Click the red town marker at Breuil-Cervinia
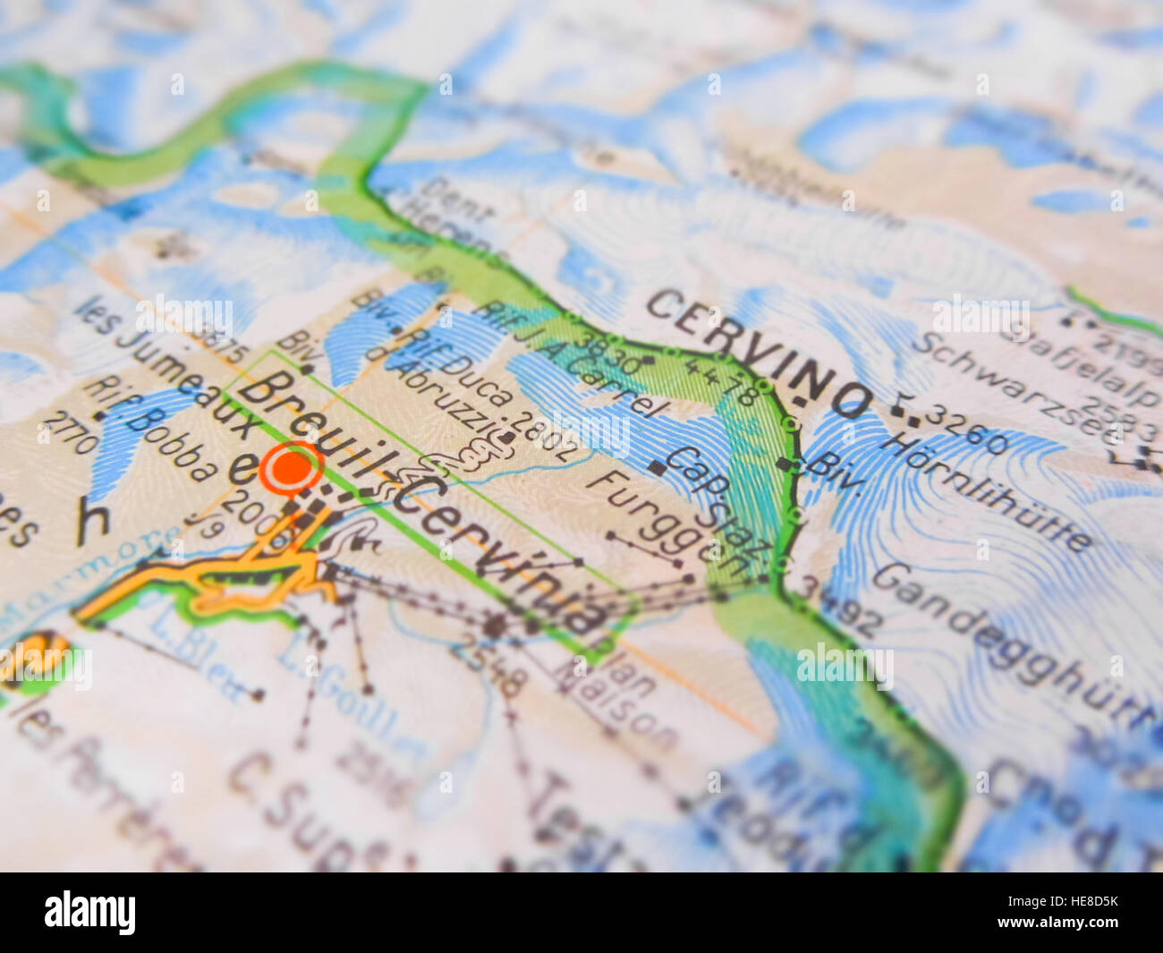coord(291,468)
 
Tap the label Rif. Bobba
coord(151,430)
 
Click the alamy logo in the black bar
coord(89,913)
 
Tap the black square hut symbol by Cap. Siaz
coord(657,466)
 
